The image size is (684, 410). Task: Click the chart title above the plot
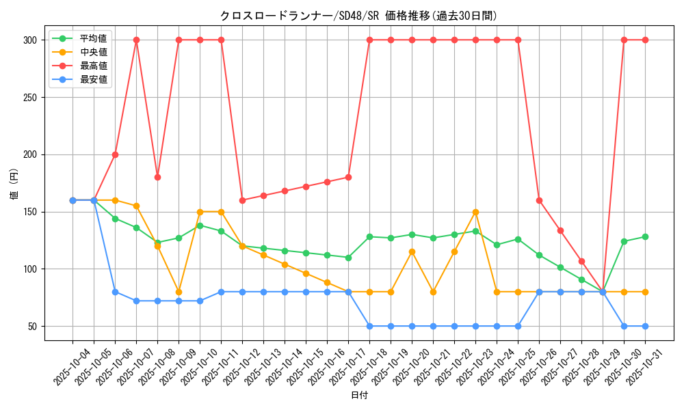(x=358, y=16)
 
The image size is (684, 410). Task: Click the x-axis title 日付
(x=359, y=396)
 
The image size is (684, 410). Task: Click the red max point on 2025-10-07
(x=136, y=40)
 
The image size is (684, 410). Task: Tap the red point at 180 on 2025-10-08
(x=157, y=177)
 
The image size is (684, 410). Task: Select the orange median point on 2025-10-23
(x=475, y=212)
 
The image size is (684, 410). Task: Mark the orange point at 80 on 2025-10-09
(x=179, y=292)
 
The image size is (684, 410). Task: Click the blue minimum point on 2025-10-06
(x=115, y=292)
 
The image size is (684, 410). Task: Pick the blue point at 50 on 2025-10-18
(x=369, y=326)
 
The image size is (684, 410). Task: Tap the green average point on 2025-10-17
(x=348, y=258)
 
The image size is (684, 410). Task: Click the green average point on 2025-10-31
(x=645, y=237)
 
